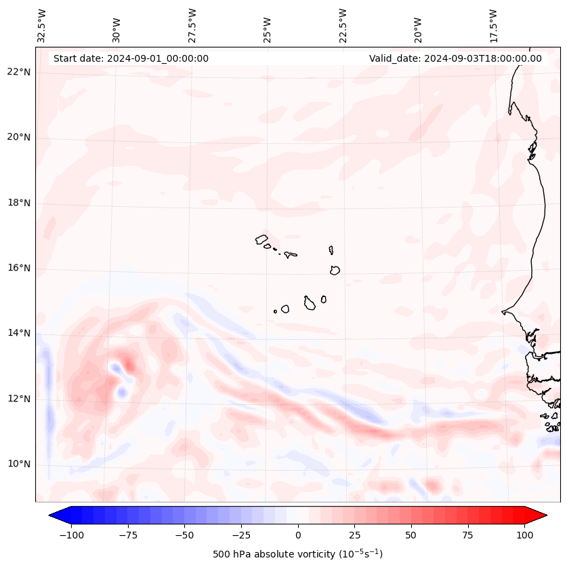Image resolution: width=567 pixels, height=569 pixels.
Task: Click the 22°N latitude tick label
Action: coord(19,72)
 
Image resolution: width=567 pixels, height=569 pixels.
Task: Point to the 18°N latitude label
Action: coord(19,203)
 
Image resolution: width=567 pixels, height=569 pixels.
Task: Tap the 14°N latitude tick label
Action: coord(19,333)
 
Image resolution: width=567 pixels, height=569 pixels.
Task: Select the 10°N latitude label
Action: coord(19,464)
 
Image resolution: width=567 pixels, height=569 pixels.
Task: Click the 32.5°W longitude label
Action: coord(42,26)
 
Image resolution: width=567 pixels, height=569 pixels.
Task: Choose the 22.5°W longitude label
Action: coord(342,26)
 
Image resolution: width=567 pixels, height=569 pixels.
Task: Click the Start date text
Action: coord(131,58)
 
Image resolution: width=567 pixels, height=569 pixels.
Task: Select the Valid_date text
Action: coord(455,58)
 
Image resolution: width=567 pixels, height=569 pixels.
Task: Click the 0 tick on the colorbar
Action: coord(297,535)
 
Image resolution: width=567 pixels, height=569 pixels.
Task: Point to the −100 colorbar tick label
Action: coord(71,535)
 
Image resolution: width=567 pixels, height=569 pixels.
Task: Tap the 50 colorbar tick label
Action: coord(411,535)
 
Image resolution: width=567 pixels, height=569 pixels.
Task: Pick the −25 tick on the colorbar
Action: coord(240,535)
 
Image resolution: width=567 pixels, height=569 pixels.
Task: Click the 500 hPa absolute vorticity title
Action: coord(297,554)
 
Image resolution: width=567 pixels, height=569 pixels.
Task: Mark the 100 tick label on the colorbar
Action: coord(524,535)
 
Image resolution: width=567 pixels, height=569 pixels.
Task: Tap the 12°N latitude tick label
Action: coord(19,399)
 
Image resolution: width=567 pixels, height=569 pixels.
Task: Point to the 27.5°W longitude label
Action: coord(192,26)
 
